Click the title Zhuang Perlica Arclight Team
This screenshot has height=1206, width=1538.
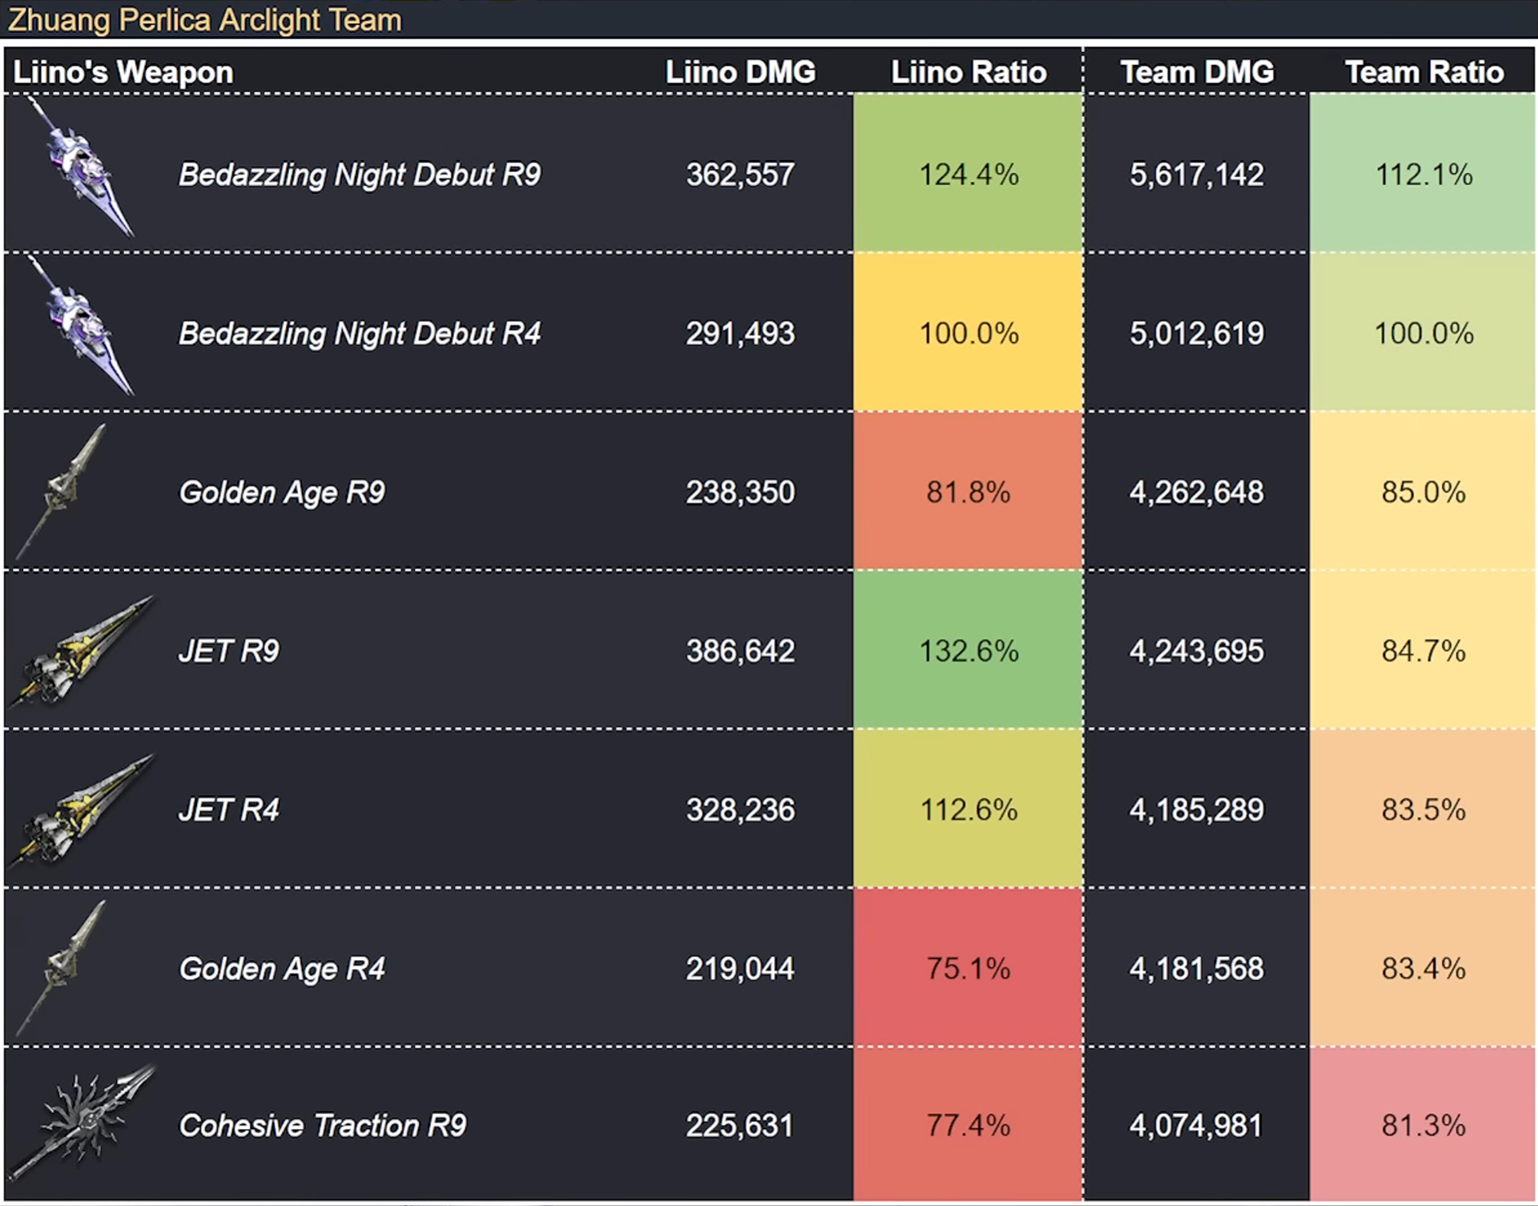(205, 19)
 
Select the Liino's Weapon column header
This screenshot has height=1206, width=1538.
(123, 72)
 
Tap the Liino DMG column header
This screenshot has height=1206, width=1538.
(740, 72)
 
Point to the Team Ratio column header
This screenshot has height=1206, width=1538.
(1424, 72)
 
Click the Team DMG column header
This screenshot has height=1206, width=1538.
(1197, 72)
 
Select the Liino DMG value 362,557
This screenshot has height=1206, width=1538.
(740, 175)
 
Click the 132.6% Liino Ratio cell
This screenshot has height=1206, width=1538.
(968, 651)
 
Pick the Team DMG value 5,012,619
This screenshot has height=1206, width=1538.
(1197, 333)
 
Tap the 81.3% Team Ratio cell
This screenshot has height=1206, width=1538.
(1423, 1124)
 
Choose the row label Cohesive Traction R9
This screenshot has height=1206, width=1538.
(322, 1126)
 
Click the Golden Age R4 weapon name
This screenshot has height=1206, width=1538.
(282, 969)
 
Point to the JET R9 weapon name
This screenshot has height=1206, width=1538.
(229, 651)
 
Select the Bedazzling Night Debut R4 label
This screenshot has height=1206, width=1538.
(360, 333)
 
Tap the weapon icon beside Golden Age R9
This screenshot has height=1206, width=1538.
(61, 490)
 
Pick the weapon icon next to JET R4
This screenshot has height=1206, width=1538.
(80, 809)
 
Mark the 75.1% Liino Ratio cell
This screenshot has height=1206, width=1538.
(968, 967)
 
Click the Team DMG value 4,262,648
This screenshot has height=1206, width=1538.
(1197, 492)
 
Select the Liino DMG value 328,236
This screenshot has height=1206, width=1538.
(740, 809)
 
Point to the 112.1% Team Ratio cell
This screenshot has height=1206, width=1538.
(1423, 173)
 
